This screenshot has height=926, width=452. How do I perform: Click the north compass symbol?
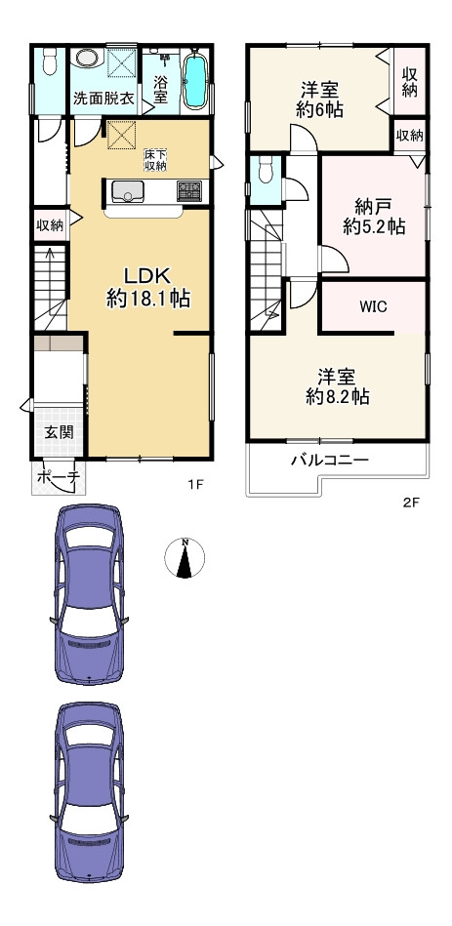(x=184, y=557)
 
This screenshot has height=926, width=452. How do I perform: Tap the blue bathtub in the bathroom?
(x=195, y=81)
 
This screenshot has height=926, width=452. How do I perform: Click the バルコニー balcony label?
(x=328, y=460)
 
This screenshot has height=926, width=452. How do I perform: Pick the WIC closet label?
(x=372, y=306)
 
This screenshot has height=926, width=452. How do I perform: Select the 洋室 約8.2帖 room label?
(x=336, y=386)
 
